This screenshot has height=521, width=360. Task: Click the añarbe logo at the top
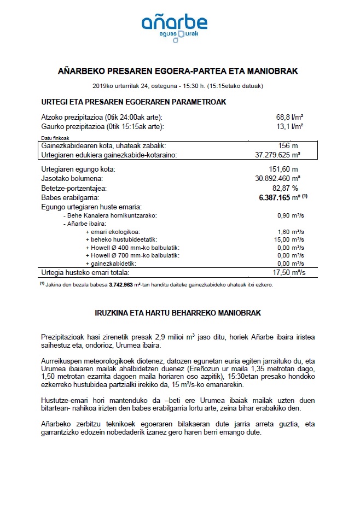tap(174, 26)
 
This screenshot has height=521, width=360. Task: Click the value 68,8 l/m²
tap(290, 118)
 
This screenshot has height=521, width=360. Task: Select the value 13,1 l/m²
tap(290, 127)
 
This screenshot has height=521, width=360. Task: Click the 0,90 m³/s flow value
tap(291, 215)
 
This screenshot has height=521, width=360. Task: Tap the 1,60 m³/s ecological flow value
tap(291, 231)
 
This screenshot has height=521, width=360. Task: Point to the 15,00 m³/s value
tap(290, 239)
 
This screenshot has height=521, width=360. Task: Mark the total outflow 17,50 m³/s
tap(289, 272)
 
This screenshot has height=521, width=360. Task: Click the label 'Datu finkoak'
tap(55, 138)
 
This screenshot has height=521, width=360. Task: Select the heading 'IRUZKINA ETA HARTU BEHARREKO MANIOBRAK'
tap(179, 313)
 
